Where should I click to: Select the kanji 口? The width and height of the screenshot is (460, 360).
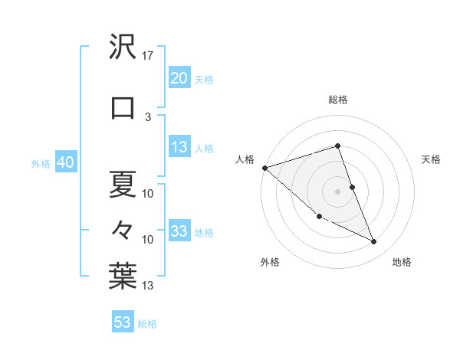point(123,109)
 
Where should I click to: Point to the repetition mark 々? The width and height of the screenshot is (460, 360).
point(123,229)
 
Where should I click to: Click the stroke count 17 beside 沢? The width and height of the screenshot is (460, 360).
point(148,55)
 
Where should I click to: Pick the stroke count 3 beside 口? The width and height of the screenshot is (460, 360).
point(148,116)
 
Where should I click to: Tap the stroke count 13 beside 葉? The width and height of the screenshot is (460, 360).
point(148,286)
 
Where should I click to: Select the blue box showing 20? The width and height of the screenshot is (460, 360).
point(179,78)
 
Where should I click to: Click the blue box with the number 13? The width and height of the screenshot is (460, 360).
point(179,148)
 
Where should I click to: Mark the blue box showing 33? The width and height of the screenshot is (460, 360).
point(179,232)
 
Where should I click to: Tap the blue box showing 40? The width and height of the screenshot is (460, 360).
point(65,163)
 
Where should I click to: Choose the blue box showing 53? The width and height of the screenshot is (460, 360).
point(123,322)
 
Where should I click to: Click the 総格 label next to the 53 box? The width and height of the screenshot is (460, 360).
point(147,324)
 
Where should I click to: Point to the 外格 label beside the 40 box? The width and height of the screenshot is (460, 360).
point(41,164)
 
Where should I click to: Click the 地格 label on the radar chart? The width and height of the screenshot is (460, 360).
point(402,262)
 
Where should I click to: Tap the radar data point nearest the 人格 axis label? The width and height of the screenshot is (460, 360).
point(264,168)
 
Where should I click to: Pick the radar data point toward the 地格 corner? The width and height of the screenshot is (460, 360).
point(374,242)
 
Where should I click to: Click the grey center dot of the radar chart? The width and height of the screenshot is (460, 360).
point(337,191)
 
